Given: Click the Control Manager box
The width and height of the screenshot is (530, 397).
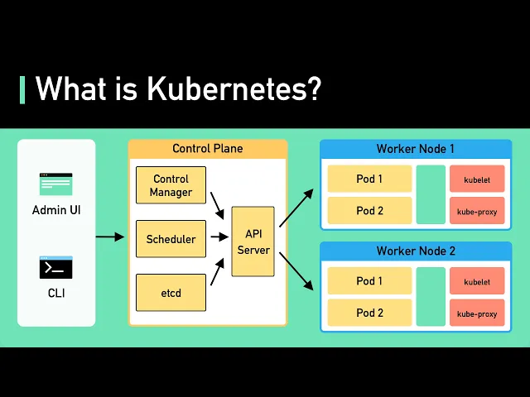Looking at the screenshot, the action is click(171, 185).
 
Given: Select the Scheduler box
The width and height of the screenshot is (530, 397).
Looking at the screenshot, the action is click(171, 239).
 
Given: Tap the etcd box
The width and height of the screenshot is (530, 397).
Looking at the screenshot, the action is click(171, 292).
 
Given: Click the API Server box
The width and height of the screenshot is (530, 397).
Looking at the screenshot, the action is click(253, 242).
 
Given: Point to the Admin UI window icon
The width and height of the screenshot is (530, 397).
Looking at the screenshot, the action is click(56, 184).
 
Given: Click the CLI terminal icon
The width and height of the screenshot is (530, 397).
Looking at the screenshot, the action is click(56, 267).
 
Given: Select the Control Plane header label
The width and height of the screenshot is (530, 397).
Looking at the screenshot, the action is click(208, 149).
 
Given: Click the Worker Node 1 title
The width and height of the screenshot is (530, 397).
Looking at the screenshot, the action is click(416, 149).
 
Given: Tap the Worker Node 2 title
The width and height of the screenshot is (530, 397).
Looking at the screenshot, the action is click(416, 251).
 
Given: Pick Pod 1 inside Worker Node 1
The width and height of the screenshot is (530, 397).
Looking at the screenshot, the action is click(370, 179).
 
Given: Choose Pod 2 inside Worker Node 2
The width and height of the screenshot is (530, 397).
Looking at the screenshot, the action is click(370, 313).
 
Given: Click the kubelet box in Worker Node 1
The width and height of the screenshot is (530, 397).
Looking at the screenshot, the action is click(477, 179).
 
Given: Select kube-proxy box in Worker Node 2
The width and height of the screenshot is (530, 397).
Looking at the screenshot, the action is click(477, 313).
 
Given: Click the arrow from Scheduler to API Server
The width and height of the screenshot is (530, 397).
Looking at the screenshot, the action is click(219, 237).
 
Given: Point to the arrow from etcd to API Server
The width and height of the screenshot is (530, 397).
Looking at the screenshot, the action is click(217, 272).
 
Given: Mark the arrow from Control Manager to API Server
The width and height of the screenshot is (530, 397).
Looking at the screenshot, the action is click(217, 206).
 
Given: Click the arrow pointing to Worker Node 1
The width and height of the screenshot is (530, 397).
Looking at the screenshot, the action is click(296, 208).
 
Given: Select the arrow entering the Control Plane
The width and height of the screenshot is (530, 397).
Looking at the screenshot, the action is click(110, 237).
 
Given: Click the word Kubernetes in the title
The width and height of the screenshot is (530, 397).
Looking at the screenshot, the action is click(234, 88).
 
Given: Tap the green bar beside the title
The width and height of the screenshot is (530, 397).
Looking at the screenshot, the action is click(22, 90).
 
